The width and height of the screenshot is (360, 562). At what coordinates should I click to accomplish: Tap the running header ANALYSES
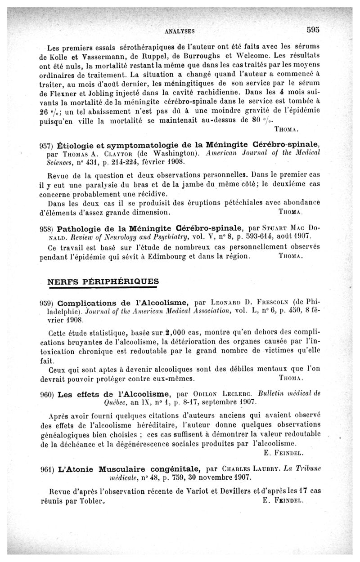click(x=180, y=31)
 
